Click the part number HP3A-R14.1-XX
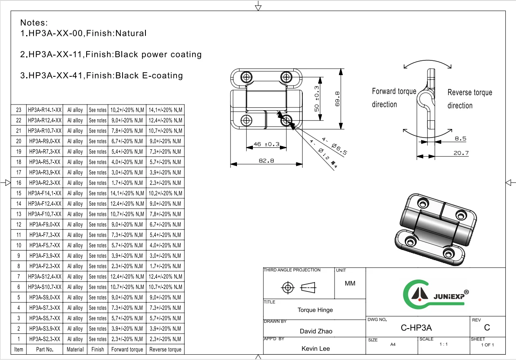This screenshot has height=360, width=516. [x=45, y=110]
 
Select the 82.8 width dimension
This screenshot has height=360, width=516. [x=266, y=161]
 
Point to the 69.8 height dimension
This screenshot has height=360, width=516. [x=337, y=98]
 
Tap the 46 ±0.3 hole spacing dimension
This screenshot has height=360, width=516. [x=266, y=144]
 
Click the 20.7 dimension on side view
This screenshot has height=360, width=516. [x=460, y=153]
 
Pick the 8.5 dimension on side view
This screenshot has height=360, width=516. [x=460, y=138]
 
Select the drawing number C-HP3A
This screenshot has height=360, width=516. [x=416, y=327]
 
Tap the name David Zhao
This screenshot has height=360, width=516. [x=316, y=331]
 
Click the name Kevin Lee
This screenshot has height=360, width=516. [x=315, y=348]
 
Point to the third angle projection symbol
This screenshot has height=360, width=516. [x=299, y=288]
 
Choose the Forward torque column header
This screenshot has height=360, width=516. [x=127, y=349]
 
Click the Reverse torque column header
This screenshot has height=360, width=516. [x=165, y=349]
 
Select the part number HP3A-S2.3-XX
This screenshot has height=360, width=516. [x=45, y=339]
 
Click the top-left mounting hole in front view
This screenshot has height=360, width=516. [x=246, y=77]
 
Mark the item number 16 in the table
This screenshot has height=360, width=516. [x=18, y=183]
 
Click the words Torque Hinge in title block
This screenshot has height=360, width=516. [x=315, y=310]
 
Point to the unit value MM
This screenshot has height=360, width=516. [x=350, y=283]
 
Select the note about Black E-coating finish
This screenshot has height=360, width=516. [x=102, y=76]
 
